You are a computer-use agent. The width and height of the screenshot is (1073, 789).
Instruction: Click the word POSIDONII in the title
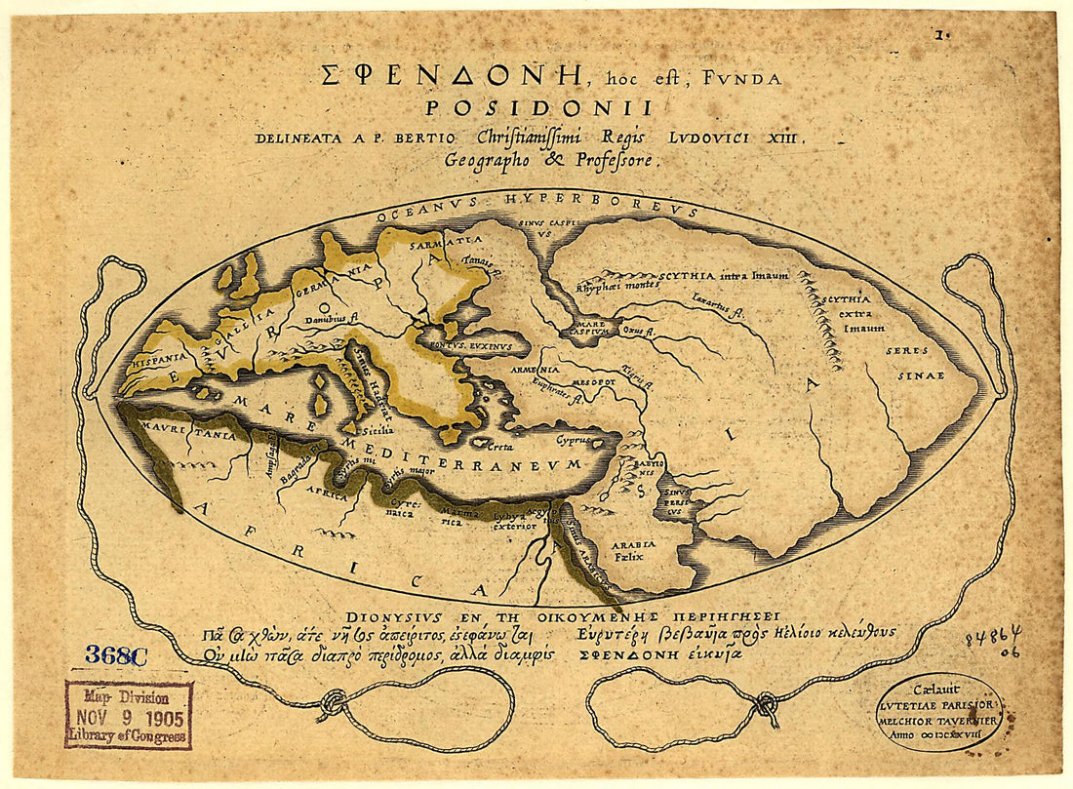click(538, 108)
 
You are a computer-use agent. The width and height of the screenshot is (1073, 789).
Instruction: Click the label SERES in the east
click(906, 350)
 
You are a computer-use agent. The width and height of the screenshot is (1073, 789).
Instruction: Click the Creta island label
click(502, 446)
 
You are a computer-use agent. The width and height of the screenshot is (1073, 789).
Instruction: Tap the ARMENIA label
click(538, 370)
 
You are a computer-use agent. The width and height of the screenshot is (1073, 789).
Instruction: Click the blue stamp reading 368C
click(115, 655)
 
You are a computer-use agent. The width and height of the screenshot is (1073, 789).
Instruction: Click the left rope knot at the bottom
click(334, 702)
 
